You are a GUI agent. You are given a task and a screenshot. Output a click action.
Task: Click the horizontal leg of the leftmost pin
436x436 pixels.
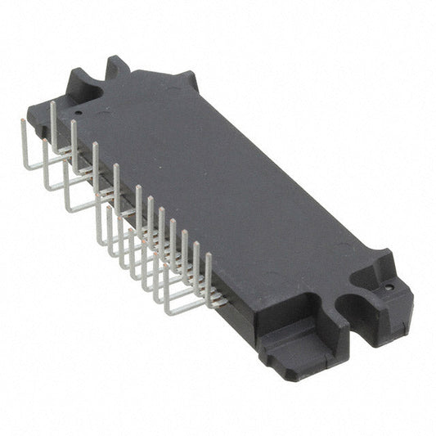(x=37, y=165)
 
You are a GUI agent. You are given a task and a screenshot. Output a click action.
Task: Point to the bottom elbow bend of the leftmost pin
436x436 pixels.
(x=25, y=167)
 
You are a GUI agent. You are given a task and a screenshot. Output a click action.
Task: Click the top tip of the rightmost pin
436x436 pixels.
(x=208, y=254)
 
